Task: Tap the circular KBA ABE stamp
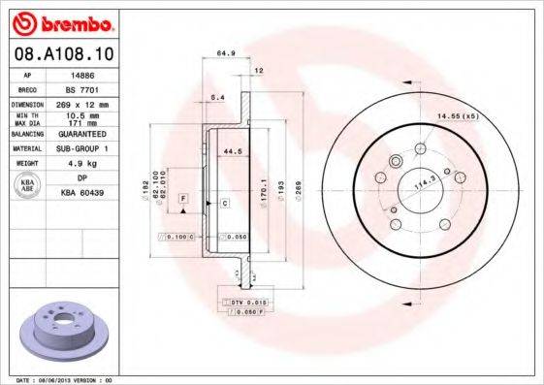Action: [x=28, y=186]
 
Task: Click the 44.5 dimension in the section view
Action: [x=231, y=151]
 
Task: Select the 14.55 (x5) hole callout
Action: [x=457, y=116]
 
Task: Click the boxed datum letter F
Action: [x=181, y=198]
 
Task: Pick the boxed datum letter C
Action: [x=224, y=204]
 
